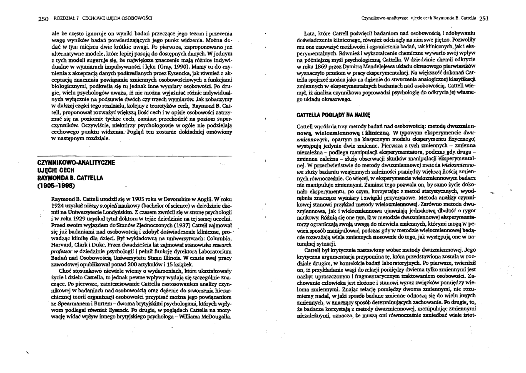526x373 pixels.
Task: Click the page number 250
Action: (x=43, y=18)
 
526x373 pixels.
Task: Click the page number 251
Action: (x=484, y=18)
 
